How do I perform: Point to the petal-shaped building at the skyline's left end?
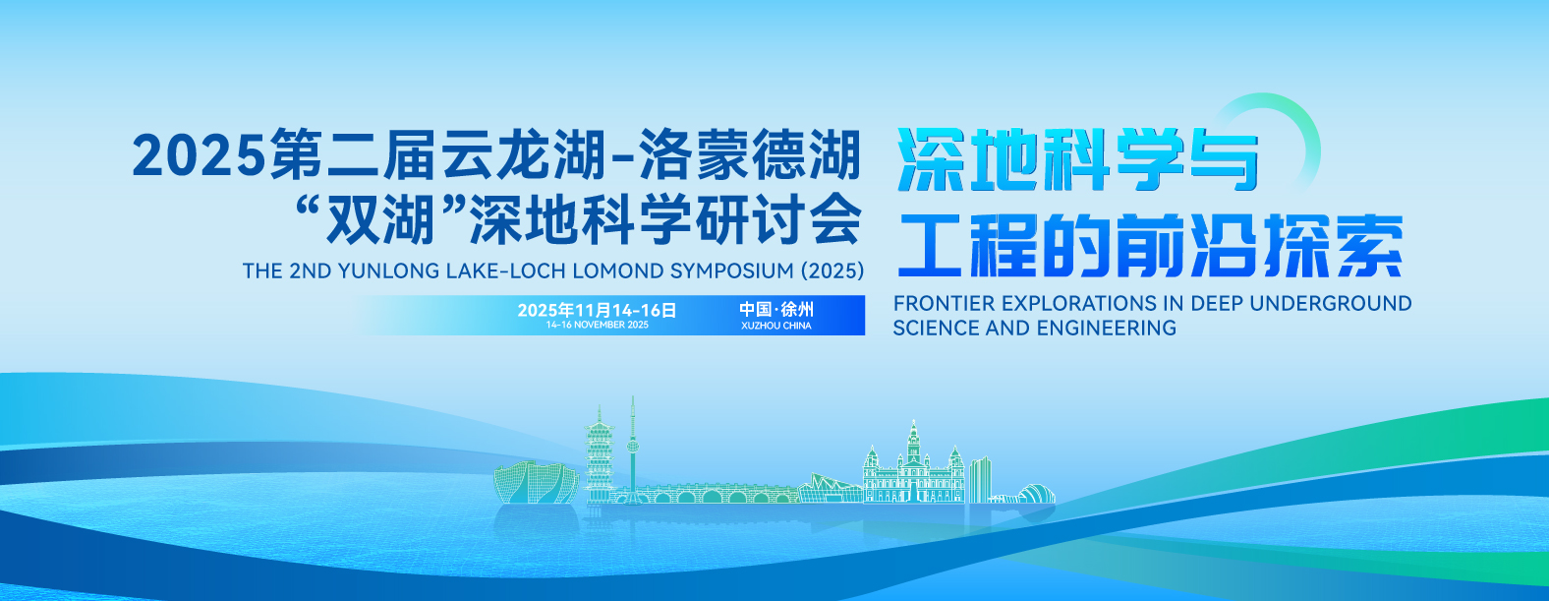pos(536,482)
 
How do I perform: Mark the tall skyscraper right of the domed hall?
pos(980,480)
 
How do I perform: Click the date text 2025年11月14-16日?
pos(597,310)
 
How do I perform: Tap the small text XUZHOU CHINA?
pos(775,326)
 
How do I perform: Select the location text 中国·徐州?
pos(775,310)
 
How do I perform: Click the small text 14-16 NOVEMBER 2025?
pos(597,325)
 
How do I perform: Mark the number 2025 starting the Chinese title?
pos(200,155)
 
